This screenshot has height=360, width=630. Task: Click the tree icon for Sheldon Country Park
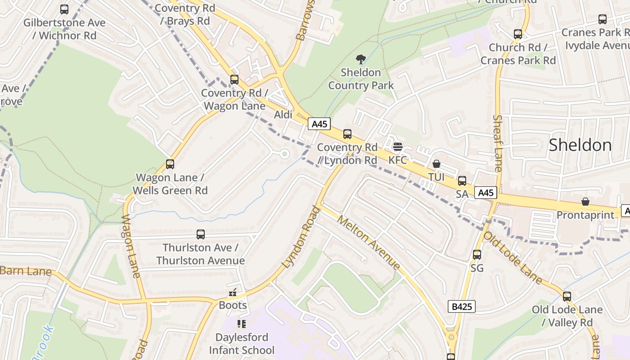(x=360, y=59)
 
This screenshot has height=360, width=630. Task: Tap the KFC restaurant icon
(x=397, y=147)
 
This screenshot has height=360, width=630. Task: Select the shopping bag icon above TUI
(x=436, y=164)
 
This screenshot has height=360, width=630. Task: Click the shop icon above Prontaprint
(x=585, y=202)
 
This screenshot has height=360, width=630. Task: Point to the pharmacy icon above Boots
(x=233, y=292)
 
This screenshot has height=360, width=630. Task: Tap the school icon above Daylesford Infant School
(x=242, y=324)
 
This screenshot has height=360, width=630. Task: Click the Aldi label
(x=283, y=115)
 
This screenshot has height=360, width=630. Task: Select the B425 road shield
(x=462, y=307)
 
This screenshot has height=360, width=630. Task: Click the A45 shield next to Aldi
(x=319, y=124)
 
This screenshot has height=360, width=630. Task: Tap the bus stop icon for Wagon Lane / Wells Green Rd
(x=170, y=164)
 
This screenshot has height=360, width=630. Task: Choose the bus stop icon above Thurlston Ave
(x=201, y=234)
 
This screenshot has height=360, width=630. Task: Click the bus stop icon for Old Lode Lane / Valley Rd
(x=567, y=297)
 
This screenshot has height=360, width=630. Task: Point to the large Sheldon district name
(x=580, y=145)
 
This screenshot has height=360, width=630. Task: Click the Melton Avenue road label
(x=368, y=243)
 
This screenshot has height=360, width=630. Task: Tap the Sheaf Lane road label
(x=498, y=143)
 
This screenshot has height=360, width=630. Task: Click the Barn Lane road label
(x=26, y=271)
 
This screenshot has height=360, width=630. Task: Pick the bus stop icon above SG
(x=477, y=255)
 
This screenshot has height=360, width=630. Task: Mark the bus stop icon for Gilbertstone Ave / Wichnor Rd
(x=64, y=9)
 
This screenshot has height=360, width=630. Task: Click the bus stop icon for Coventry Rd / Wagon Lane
(x=234, y=80)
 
